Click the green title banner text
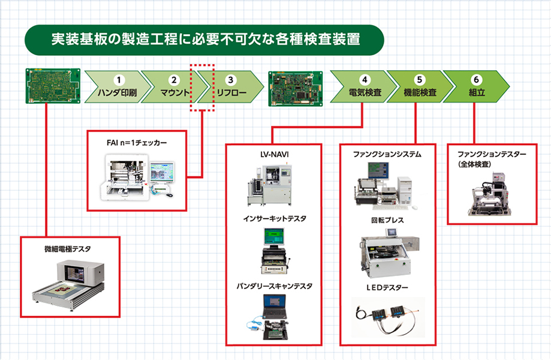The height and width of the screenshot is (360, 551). (206, 39)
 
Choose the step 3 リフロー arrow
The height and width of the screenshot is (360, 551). (230, 87)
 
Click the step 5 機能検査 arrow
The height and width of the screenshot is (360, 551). (420, 86)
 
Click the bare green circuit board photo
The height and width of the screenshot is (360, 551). (53, 86)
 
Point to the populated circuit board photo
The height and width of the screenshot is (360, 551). (296, 89)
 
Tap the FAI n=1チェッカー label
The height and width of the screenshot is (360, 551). (137, 143)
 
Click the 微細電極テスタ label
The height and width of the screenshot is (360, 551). (68, 249)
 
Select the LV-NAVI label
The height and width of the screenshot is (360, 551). (275, 154)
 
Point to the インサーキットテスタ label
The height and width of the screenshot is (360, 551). (275, 218)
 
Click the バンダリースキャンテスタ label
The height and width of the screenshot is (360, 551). (275, 286)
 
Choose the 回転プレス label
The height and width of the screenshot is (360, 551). (387, 220)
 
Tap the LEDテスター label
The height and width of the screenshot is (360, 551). (387, 287)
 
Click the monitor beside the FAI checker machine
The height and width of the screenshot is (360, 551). (162, 173)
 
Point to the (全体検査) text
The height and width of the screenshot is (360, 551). (474, 164)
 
